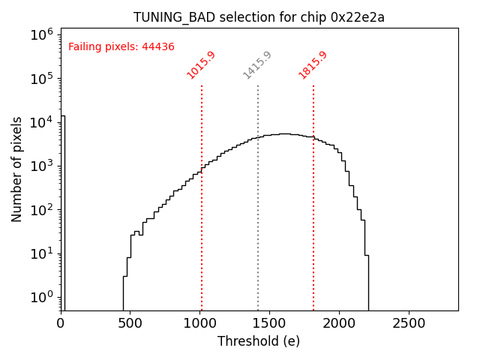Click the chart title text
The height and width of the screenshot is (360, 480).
(259, 17)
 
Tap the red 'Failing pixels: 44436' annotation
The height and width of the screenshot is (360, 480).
(121, 47)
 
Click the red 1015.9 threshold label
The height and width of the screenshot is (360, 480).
(201, 65)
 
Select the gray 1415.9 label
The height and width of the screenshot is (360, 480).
(257, 65)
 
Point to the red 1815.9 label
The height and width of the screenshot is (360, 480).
(313, 65)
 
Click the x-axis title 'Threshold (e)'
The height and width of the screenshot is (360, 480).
(259, 341)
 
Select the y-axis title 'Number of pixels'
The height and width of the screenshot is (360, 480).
(17, 169)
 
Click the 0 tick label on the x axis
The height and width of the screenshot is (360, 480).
(61, 322)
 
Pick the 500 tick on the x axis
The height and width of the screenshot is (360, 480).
(130, 322)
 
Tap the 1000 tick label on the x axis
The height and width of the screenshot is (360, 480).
(200, 322)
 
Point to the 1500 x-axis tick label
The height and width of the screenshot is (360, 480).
(270, 322)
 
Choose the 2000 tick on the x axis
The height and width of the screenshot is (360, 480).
(339, 322)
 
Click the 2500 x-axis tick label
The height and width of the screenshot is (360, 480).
(409, 322)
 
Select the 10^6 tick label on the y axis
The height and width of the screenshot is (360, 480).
(41, 34)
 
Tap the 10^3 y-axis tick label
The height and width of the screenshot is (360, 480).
(41, 166)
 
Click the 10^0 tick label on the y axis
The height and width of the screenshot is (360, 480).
(41, 297)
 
